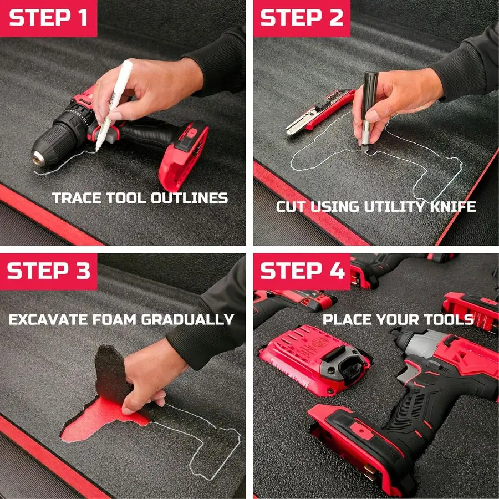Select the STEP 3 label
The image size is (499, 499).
click(x=48, y=271)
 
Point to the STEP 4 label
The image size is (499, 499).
click(x=302, y=271)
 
